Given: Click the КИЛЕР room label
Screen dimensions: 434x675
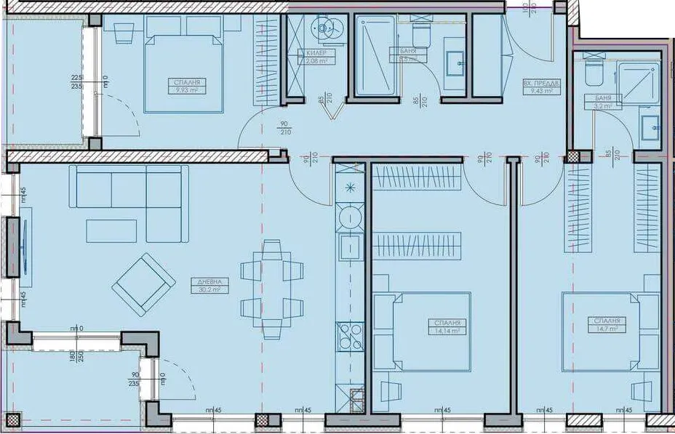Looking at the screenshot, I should pyautogui.click(x=316, y=54).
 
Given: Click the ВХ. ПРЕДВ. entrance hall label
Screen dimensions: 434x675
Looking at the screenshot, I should pyautogui.click(x=540, y=84).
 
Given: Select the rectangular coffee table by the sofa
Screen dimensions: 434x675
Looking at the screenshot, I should pyautogui.click(x=111, y=230).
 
